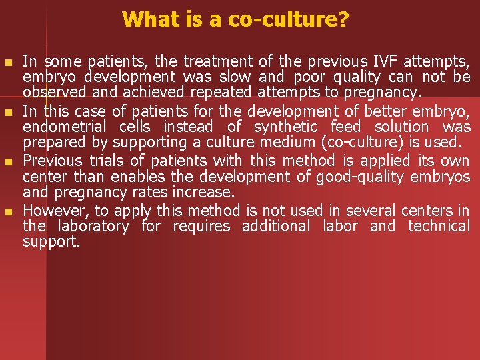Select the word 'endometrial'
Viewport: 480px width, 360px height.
pyautogui.click(x=67, y=126)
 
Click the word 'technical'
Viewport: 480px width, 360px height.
pyautogui.click(x=439, y=226)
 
